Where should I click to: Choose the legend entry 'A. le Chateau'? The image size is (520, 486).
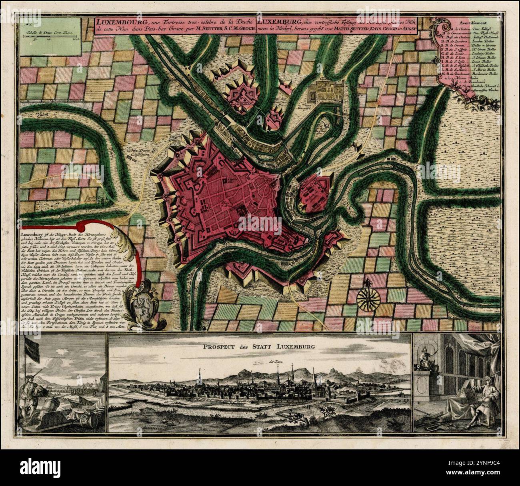454,29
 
